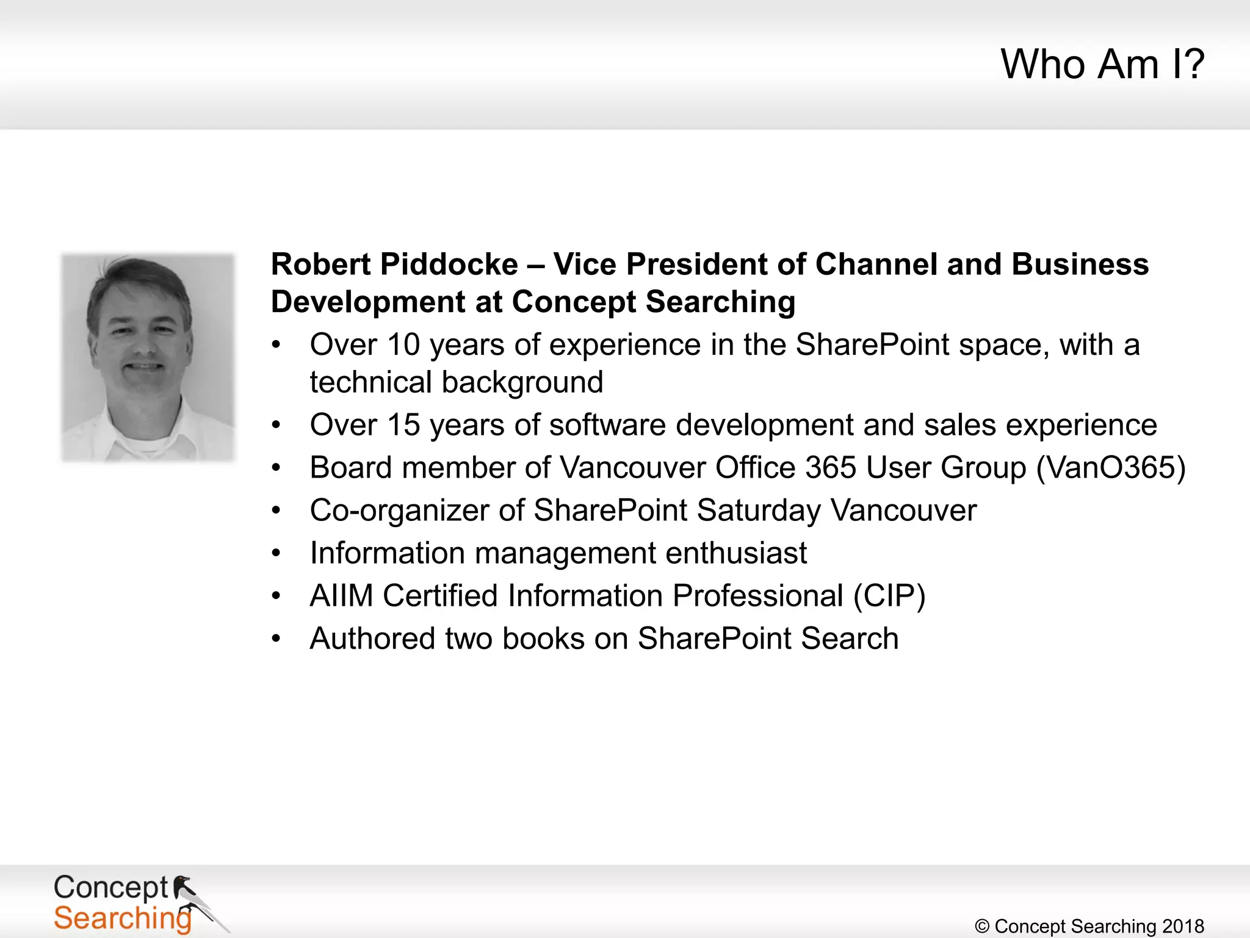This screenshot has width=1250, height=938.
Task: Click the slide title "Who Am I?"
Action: click(x=1102, y=64)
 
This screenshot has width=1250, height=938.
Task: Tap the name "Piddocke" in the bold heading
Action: click(x=449, y=265)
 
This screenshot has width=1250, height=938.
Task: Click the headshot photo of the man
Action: click(x=148, y=357)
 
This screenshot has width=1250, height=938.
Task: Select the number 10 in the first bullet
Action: click(x=403, y=345)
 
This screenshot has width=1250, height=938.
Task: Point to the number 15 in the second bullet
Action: click(x=403, y=425)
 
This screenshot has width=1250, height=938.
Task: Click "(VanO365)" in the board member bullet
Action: click(x=1111, y=468)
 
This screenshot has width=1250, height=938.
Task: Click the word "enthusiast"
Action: click(x=736, y=553)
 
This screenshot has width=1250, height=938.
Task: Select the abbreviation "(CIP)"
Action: click(x=889, y=596)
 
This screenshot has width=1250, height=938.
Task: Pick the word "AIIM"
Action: click(x=341, y=596)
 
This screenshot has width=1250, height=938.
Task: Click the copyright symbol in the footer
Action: click(x=982, y=926)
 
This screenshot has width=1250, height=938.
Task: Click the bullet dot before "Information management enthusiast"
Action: click(x=276, y=553)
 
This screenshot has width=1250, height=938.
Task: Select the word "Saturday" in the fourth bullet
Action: click(x=759, y=511)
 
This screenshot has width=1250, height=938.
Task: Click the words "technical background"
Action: click(x=457, y=383)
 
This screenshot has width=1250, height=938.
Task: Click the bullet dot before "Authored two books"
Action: click(x=276, y=639)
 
